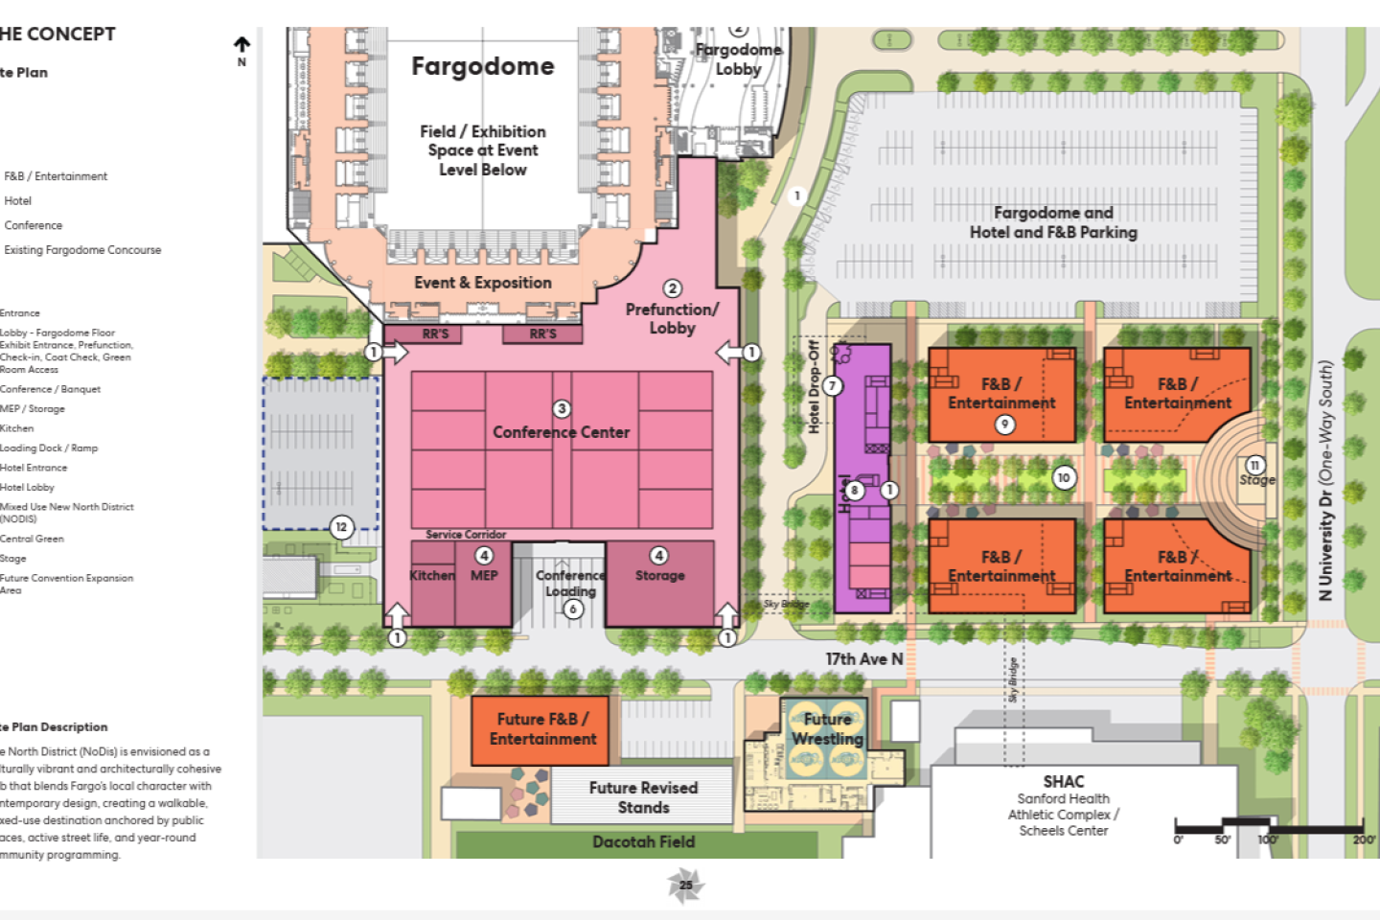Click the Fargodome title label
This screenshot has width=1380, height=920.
(483, 66)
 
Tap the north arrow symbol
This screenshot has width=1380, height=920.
(241, 45)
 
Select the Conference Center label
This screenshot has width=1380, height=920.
(562, 432)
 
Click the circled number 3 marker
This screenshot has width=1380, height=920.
(562, 409)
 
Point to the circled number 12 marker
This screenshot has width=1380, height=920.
(341, 526)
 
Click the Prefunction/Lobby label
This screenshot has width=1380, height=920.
(672, 318)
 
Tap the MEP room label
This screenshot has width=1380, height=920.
(484, 575)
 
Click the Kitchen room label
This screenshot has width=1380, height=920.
(432, 575)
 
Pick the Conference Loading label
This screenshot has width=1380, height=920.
(570, 583)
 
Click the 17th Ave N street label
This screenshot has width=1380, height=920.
(864, 659)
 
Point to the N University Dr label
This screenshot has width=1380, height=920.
(1325, 480)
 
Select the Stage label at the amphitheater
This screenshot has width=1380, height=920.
(1257, 479)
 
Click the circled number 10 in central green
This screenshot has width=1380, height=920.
(1064, 477)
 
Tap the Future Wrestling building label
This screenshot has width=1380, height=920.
(827, 728)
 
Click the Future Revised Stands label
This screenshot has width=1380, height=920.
(643, 797)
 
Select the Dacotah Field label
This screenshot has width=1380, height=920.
(643, 841)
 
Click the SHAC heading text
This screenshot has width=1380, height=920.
(1064, 781)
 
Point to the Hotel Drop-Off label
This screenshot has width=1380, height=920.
(814, 386)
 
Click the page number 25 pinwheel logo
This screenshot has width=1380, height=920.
(685, 885)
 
